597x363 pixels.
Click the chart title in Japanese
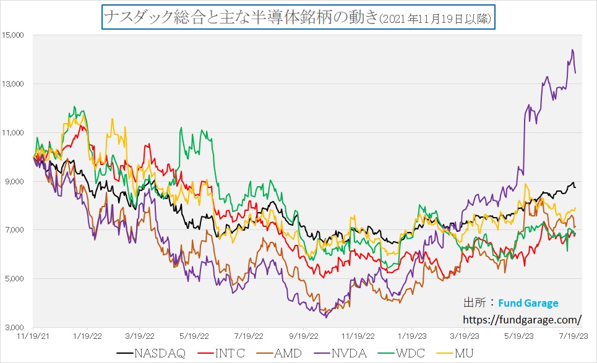click(298, 17)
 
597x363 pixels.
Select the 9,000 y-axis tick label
click(14, 181)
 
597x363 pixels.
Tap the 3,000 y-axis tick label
click(14, 327)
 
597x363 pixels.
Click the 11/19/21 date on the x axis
click(33, 336)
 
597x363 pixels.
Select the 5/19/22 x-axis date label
click(194, 336)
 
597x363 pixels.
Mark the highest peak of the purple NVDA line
click(572, 49)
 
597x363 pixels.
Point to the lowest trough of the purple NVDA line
click(325, 317)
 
